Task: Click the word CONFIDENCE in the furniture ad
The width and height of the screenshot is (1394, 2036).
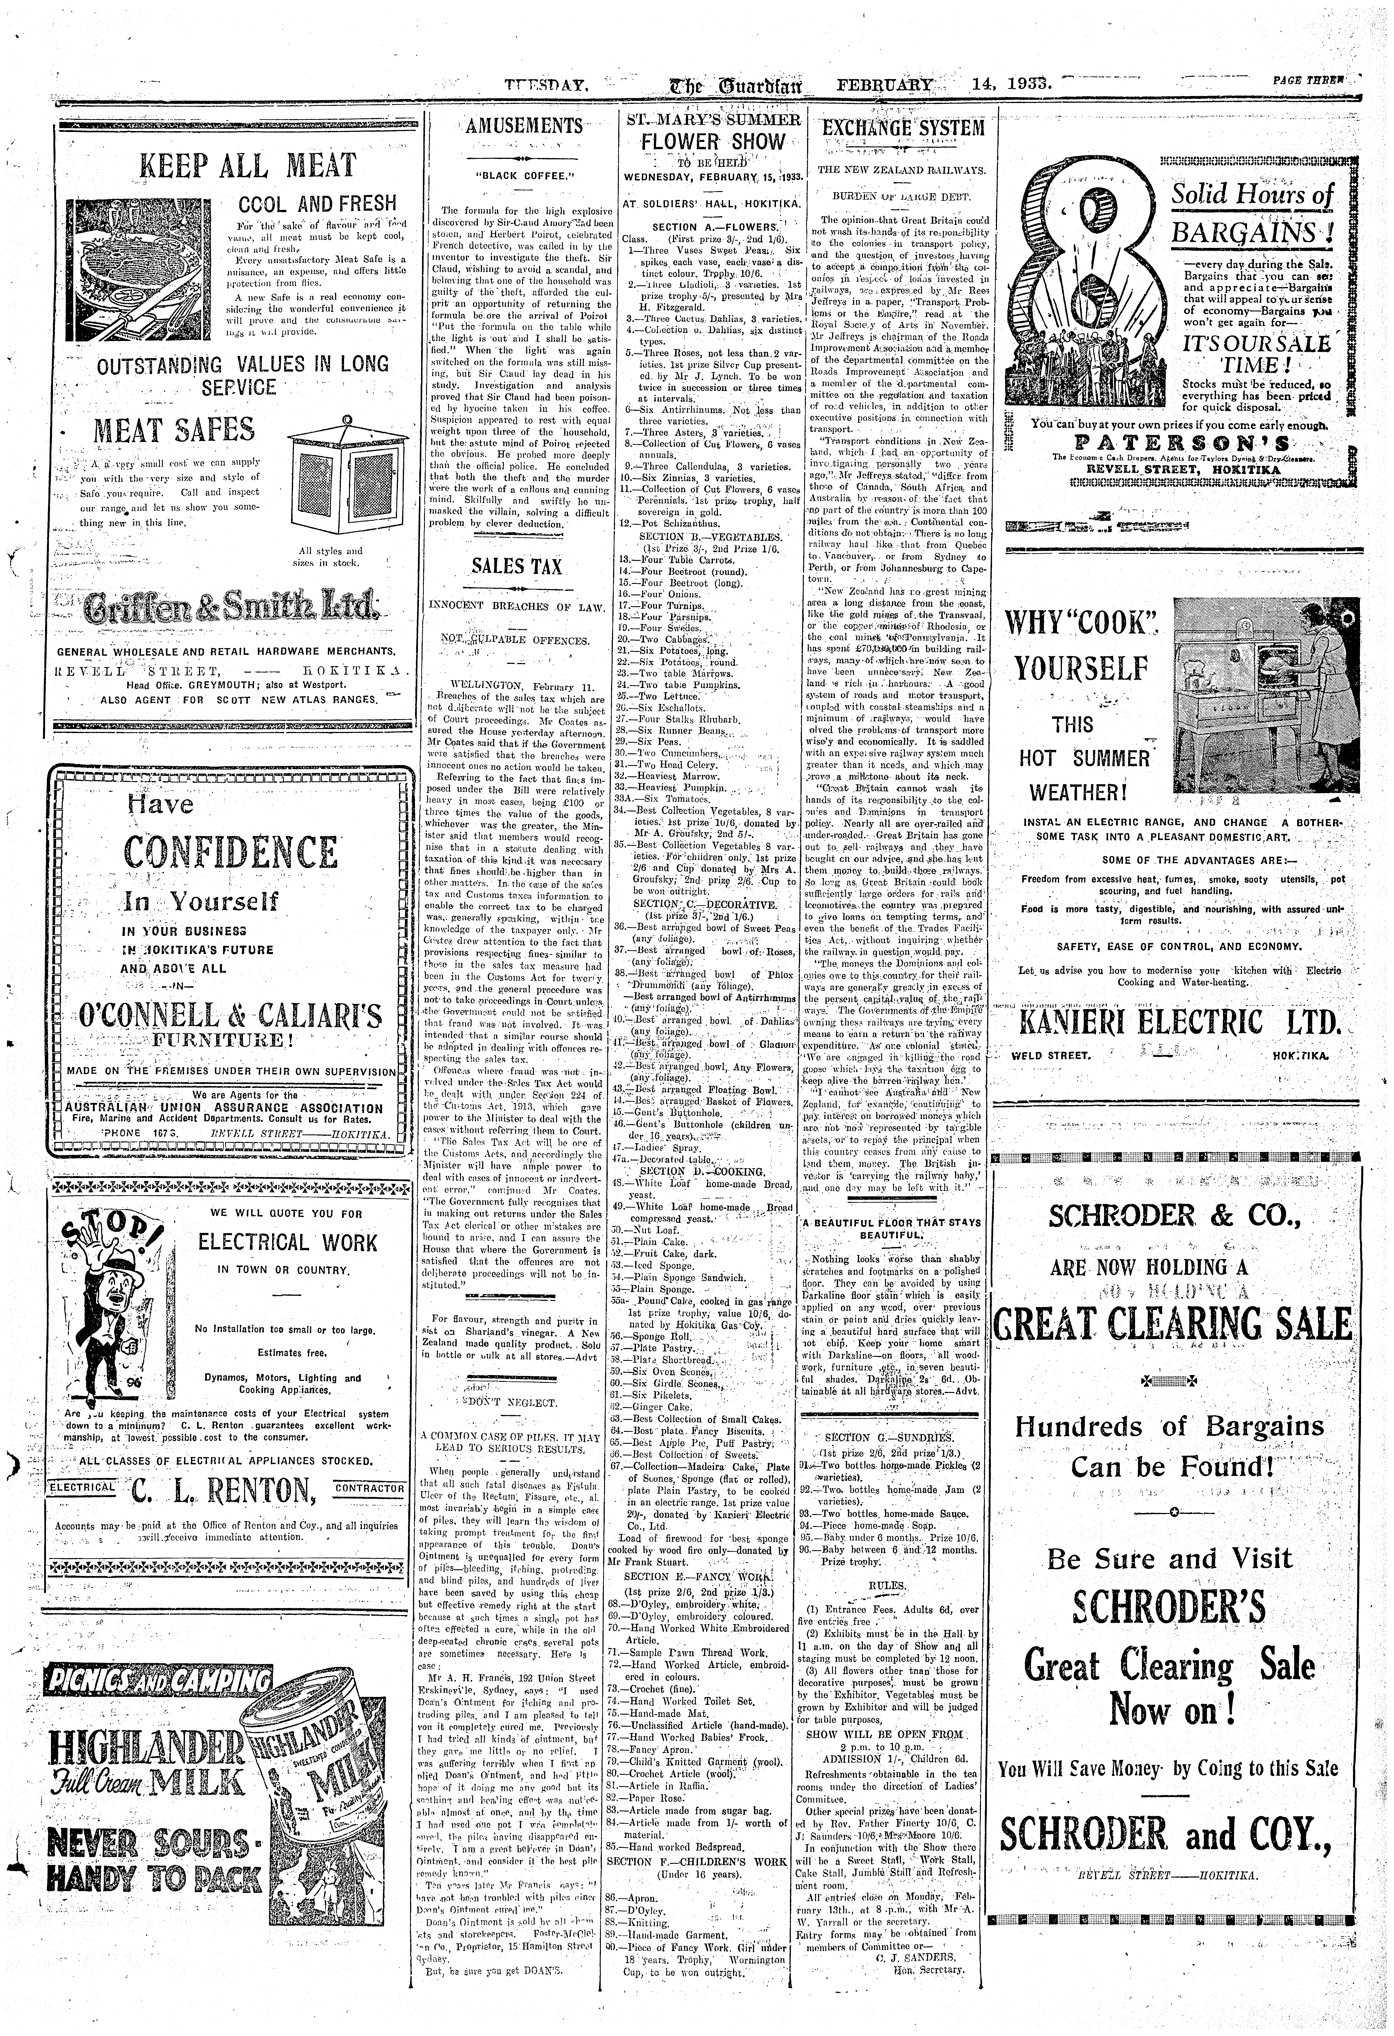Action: tap(231, 852)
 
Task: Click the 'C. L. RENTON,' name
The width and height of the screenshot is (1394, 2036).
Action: tap(224, 1488)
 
